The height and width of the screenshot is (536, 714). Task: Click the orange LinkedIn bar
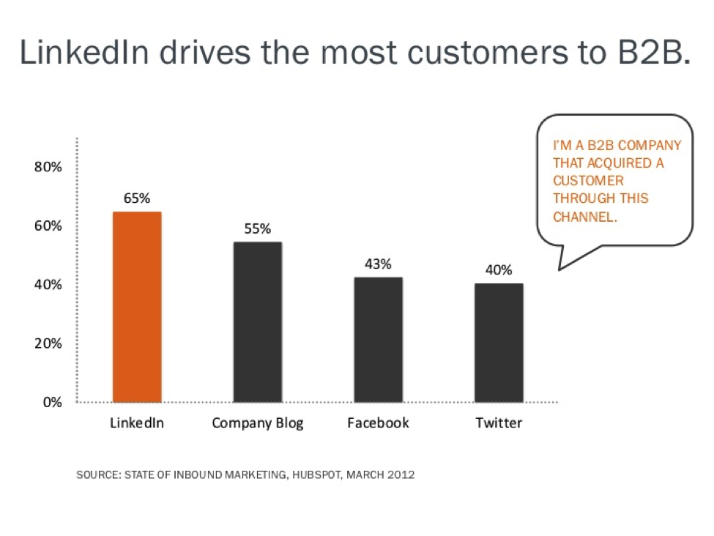click(x=137, y=307)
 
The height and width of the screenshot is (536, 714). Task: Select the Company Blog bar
click(x=258, y=322)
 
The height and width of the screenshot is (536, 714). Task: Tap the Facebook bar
click(x=378, y=340)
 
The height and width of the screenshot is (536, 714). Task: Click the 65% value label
click(x=137, y=198)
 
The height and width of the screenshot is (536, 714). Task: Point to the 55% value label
click(x=258, y=228)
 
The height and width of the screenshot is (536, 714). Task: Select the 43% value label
click(x=378, y=264)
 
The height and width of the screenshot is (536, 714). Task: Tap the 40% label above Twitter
click(x=499, y=270)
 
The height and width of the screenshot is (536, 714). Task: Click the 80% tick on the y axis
click(x=48, y=167)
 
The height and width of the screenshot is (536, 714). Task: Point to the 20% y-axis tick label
click(x=48, y=343)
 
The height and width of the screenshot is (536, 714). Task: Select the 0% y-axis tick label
click(x=51, y=403)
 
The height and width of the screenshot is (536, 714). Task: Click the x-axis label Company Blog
click(x=258, y=423)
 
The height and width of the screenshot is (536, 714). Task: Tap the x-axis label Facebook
click(x=378, y=423)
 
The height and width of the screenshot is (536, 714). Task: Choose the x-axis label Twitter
click(x=499, y=423)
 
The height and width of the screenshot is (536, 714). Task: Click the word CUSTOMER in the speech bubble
click(x=589, y=180)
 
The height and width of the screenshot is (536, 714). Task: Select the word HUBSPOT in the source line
click(x=316, y=475)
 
